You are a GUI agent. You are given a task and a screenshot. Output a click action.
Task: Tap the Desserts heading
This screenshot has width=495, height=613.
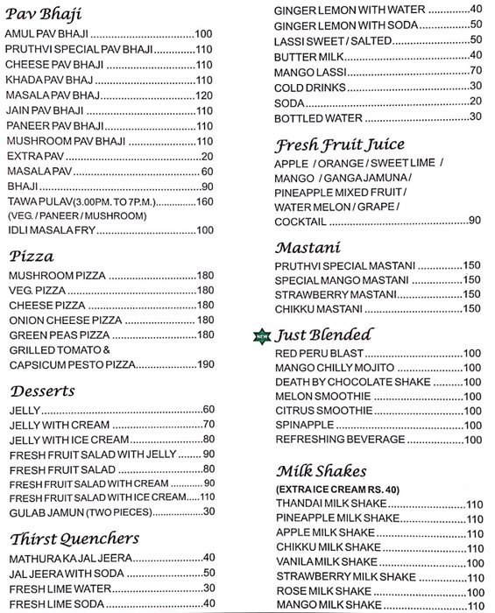tap(43, 391)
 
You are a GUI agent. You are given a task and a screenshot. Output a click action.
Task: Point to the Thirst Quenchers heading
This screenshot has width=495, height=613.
tap(74, 538)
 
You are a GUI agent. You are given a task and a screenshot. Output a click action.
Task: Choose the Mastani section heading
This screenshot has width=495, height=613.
tap(307, 247)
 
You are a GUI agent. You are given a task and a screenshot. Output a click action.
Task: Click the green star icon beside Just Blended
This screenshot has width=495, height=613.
tap(261, 335)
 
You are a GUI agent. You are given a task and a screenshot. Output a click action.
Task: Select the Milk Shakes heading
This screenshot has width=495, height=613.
tap(321, 471)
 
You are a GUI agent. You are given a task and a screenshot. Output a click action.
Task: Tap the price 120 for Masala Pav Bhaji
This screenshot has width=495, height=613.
tap(204, 95)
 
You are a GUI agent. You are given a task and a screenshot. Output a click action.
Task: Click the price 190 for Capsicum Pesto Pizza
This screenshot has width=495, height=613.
tap(205, 364)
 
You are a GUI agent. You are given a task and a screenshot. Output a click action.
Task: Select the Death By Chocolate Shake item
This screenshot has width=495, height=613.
tap(352, 382)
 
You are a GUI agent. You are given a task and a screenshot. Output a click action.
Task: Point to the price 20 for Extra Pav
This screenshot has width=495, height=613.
tap(207, 156)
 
